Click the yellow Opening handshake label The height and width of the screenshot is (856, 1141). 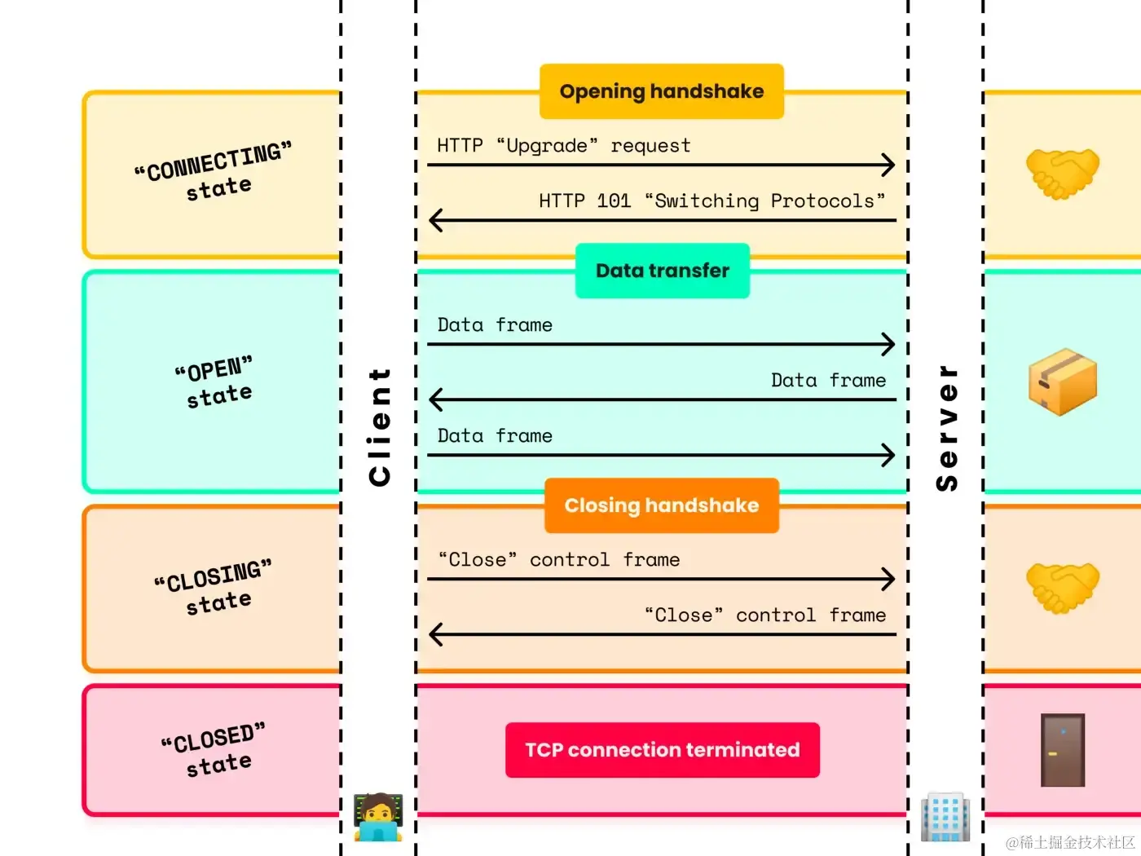tap(662, 91)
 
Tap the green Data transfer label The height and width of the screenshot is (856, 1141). tap(663, 271)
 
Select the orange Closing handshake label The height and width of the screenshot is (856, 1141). tap(662, 505)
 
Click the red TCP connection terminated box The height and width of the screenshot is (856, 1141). tap(663, 750)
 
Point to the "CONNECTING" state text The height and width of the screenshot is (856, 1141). tap(214, 171)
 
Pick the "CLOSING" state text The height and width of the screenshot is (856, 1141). tap(214, 587)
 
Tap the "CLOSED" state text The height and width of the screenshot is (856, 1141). tap(214, 749)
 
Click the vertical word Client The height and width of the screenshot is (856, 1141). tap(379, 427)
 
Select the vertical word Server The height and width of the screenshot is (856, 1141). tap(946, 428)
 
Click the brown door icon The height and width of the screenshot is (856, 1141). tap(1063, 750)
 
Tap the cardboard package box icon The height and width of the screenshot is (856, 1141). tap(1063, 382)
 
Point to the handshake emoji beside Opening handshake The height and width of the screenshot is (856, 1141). tap(1063, 174)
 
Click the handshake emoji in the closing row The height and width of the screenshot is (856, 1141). tap(1063, 588)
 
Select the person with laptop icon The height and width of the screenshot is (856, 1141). tap(378, 817)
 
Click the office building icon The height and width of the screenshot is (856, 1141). tap(945, 817)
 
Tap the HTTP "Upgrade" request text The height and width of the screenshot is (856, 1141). tap(564, 146)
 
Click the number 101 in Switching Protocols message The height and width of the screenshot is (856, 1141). tap(614, 201)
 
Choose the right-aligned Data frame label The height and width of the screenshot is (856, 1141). tap(829, 381)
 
